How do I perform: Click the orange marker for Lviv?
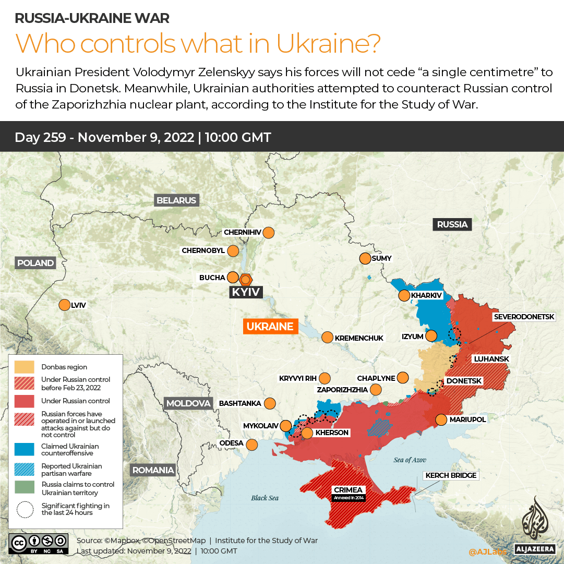click(x=64, y=305)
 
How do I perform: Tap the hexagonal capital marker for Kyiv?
click(x=245, y=279)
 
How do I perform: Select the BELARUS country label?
click(x=176, y=200)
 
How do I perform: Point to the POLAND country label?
click(x=35, y=263)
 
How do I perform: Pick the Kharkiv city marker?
click(x=404, y=296)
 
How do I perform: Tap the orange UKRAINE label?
click(x=270, y=327)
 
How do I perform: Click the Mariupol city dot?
click(x=441, y=419)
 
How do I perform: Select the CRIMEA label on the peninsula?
click(x=349, y=490)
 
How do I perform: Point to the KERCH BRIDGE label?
click(x=451, y=475)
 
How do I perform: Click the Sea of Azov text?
click(x=410, y=460)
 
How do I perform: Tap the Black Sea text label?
click(x=265, y=498)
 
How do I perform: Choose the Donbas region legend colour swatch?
click(x=25, y=367)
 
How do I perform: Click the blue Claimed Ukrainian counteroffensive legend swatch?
click(x=25, y=449)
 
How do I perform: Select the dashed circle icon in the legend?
click(x=25, y=509)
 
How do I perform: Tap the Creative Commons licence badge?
click(x=38, y=543)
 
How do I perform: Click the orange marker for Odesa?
click(x=252, y=445)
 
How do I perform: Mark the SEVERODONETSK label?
click(x=528, y=317)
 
